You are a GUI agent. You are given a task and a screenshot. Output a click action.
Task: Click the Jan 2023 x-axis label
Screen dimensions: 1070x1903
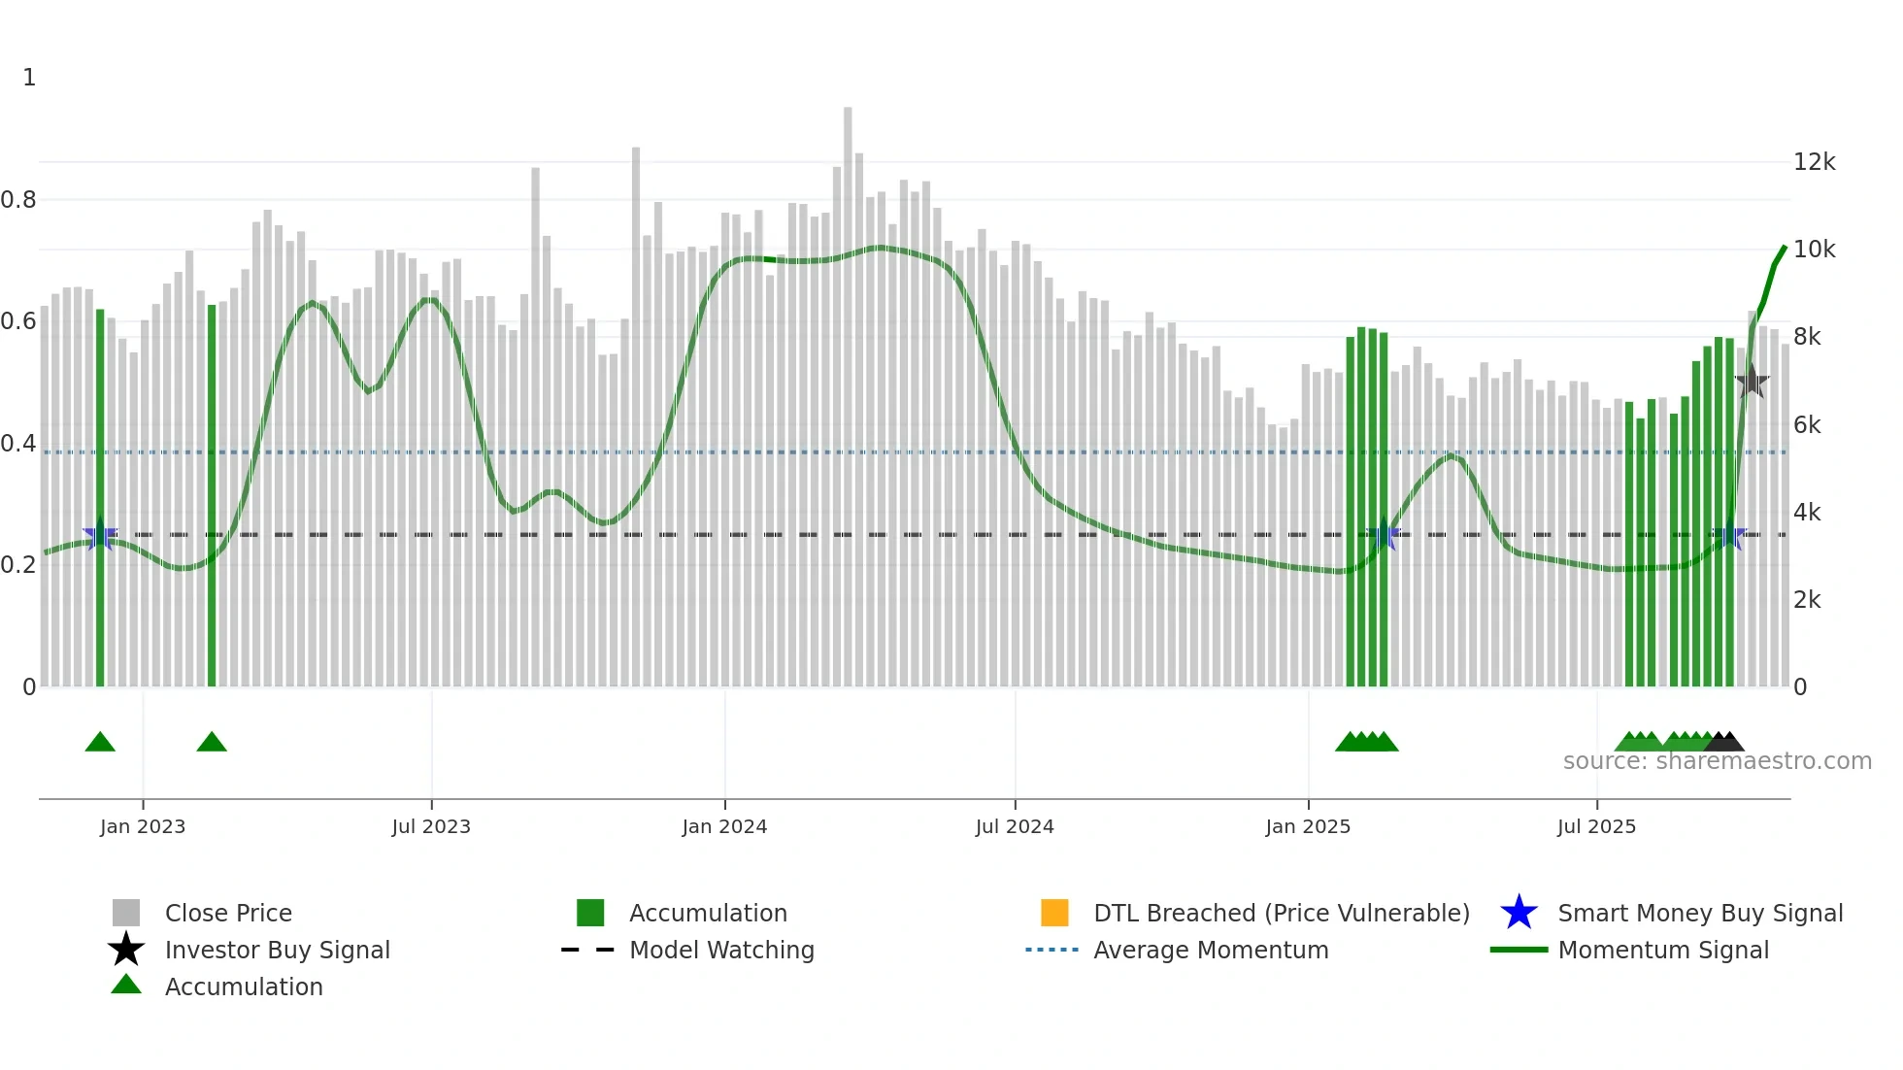143,826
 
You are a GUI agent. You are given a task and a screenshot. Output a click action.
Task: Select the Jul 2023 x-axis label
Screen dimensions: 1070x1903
431,826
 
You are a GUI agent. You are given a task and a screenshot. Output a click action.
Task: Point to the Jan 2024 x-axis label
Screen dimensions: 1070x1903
724,826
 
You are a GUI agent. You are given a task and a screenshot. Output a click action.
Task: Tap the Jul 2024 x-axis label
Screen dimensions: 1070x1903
1015,826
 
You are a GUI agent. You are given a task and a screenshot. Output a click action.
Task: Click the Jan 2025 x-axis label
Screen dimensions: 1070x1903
1308,826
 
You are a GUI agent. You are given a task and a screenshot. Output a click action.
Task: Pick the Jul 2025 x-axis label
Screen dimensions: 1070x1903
1596,826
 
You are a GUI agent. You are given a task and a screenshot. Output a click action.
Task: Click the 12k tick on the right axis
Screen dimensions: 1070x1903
1814,162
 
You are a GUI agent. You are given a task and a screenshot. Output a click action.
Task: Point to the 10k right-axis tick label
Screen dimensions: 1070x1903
1814,250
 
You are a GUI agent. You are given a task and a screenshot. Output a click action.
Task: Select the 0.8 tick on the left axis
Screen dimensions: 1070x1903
18,200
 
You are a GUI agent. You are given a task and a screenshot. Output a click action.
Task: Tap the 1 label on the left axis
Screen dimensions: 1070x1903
29,78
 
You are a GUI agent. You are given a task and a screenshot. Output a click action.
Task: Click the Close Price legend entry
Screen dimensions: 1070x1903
228,913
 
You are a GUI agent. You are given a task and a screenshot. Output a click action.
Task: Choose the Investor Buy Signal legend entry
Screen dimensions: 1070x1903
277,950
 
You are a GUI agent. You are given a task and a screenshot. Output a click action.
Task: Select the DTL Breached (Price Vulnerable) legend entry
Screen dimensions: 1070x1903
1281,913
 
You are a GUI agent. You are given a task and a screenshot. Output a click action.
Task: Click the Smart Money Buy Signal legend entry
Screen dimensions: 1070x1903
1699,913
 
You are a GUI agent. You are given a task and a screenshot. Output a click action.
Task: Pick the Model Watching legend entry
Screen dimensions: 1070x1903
721,950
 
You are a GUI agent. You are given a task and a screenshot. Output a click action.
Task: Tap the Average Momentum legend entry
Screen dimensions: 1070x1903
1211,950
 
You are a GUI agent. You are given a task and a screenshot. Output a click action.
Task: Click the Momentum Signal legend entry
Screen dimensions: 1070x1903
1663,950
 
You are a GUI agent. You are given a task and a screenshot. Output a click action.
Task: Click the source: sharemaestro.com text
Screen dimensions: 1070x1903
1717,761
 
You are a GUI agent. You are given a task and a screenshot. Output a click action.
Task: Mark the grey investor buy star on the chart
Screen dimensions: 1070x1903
1752,382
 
